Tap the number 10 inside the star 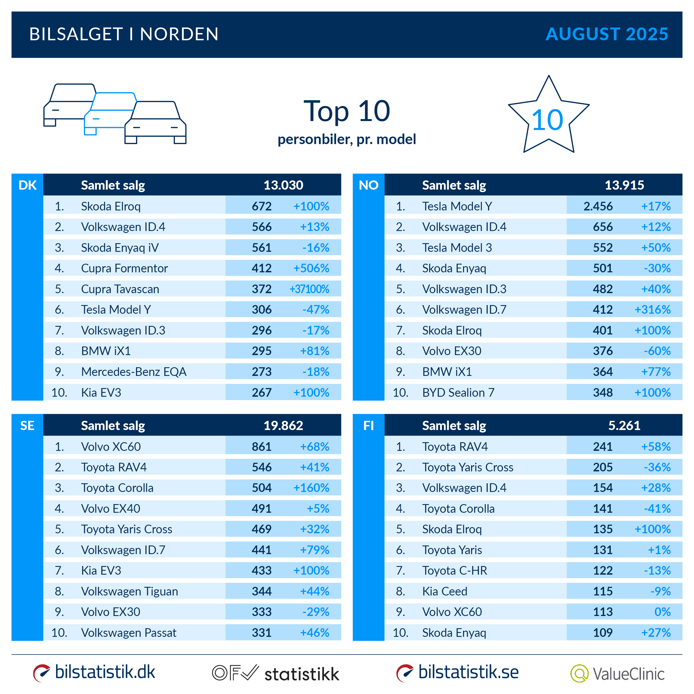(547, 120)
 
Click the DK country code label (27, 185)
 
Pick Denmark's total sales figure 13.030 (283, 185)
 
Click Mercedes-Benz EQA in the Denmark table (134, 372)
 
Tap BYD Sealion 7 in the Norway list (458, 393)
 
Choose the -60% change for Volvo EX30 (657, 351)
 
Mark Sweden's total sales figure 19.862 (283, 426)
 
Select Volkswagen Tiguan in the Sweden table (129, 592)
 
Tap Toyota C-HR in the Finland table (454, 571)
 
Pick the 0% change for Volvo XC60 (662, 612)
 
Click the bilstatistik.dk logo (94, 672)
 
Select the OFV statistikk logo (275, 673)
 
